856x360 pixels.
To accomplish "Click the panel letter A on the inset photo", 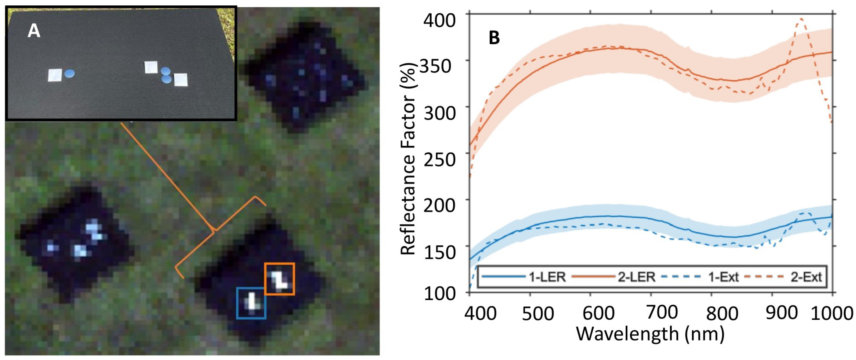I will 34,31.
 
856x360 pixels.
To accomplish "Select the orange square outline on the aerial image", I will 279,279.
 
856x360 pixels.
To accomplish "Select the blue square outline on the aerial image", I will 251,303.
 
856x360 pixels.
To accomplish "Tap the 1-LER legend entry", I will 547,277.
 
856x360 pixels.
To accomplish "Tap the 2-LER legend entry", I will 637,277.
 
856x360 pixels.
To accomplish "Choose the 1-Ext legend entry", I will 723,277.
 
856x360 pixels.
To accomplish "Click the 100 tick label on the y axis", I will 439,294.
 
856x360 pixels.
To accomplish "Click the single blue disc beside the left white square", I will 69,73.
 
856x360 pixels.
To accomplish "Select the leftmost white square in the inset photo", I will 55,75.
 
